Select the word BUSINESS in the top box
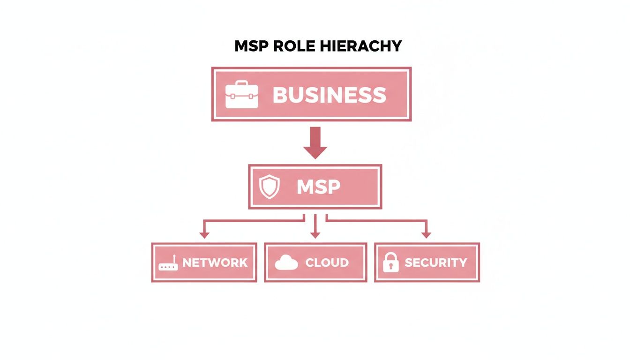click(329, 95)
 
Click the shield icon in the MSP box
click(270, 187)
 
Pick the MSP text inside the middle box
click(318, 187)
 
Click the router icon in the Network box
click(168, 263)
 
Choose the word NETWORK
click(215, 262)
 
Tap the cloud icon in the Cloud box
click(286, 263)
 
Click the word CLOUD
click(327, 262)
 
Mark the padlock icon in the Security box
click(390, 262)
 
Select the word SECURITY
click(435, 262)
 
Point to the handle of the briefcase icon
click(241, 84)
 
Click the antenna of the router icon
click(173, 258)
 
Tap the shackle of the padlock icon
click(390, 256)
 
